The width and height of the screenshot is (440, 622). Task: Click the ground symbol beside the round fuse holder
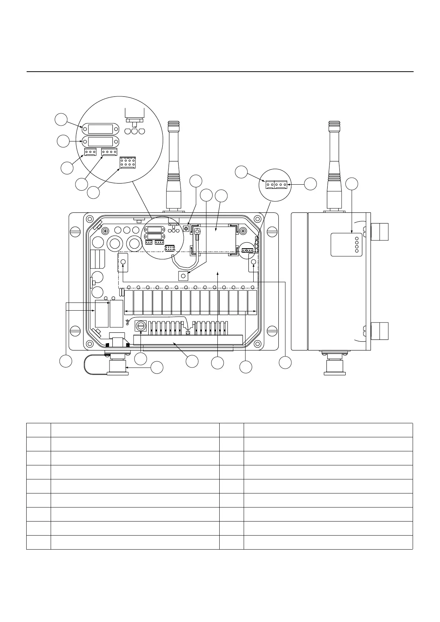click(128, 322)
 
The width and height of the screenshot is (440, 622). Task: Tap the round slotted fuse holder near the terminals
click(141, 326)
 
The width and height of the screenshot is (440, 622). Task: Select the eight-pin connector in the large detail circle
click(128, 163)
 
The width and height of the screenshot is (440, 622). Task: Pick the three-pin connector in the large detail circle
click(90, 152)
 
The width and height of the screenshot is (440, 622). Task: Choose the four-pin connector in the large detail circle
click(109, 152)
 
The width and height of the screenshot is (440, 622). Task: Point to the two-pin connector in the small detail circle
click(269, 184)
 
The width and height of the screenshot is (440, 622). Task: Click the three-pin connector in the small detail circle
click(281, 184)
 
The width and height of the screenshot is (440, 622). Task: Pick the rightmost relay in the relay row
click(252, 303)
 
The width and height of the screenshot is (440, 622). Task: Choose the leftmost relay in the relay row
click(129, 303)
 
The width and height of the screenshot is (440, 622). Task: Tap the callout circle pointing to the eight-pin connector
click(94, 192)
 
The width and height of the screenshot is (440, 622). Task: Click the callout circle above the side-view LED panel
click(352, 184)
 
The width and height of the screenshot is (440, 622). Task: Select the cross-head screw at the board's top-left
click(105, 231)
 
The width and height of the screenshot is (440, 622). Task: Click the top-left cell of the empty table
click(38, 430)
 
